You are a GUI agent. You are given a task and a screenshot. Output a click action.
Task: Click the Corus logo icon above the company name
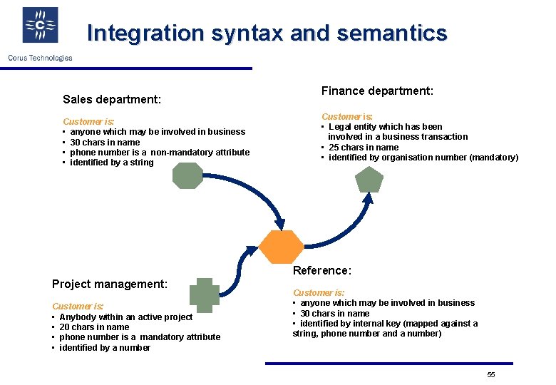(x=40, y=26)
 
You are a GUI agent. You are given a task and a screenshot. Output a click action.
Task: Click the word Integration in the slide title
(x=145, y=34)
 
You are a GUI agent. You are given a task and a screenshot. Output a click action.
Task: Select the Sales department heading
(x=112, y=99)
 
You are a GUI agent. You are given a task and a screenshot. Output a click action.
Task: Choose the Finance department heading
(x=377, y=91)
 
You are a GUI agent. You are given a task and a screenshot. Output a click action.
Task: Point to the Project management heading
(x=110, y=284)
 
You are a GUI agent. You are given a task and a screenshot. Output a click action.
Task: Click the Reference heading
(x=322, y=270)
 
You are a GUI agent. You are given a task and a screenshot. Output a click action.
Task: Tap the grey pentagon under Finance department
(x=369, y=181)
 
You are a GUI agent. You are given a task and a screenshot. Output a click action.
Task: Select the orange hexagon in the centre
(x=280, y=247)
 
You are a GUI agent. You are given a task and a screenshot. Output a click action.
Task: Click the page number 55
(x=490, y=375)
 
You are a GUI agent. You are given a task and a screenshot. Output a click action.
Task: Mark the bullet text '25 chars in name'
(x=364, y=148)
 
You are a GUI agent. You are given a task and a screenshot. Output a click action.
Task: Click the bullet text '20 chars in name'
(x=94, y=327)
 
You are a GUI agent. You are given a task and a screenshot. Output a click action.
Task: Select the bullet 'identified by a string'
(x=112, y=163)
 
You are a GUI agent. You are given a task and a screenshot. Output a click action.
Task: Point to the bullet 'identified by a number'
(x=105, y=348)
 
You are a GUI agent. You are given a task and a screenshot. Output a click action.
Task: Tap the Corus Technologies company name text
(x=40, y=58)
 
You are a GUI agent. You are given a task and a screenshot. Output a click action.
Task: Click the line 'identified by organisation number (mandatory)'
(x=423, y=158)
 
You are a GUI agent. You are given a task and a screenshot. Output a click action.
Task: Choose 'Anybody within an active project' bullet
(x=125, y=317)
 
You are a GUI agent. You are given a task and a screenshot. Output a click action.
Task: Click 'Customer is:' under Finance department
(x=347, y=116)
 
